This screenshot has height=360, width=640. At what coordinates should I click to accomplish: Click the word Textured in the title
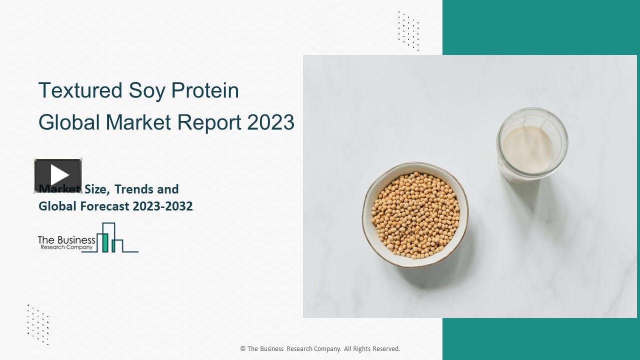[80, 90]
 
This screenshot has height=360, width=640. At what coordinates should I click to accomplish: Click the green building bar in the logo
[105, 242]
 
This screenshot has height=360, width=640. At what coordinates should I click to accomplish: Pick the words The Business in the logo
[66, 240]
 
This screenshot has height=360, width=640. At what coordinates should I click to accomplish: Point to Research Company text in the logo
[66, 247]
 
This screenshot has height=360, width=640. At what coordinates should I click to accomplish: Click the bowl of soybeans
[415, 214]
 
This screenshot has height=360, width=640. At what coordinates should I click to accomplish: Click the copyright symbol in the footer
[242, 349]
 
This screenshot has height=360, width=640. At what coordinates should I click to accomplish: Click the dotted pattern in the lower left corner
[38, 324]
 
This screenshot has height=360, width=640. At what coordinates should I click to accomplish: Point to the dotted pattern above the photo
[408, 30]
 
